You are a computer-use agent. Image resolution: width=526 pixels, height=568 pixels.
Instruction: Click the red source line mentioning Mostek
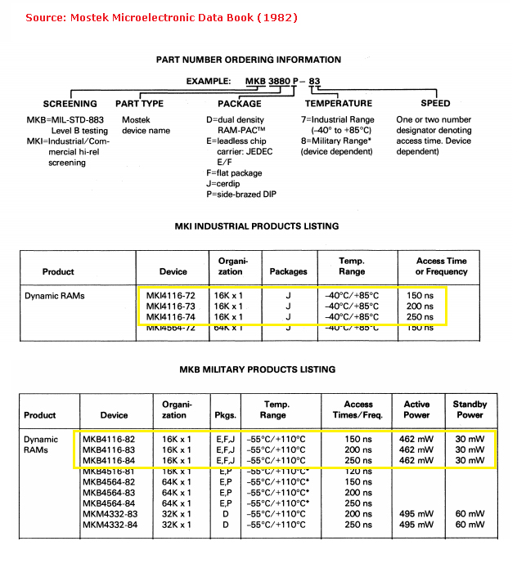[x=161, y=16]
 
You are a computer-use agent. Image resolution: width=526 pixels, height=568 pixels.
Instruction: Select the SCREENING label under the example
[x=70, y=104]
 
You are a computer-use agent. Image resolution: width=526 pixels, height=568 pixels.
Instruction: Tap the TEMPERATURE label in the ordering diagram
[x=339, y=104]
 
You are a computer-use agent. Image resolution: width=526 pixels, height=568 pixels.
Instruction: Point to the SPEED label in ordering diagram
[x=435, y=104]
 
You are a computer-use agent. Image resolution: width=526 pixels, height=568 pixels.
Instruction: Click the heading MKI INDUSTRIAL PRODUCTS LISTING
[x=257, y=226]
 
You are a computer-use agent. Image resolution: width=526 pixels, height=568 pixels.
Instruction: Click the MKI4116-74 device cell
[x=171, y=317]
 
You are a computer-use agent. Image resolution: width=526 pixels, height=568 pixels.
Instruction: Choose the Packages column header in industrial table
[x=288, y=271]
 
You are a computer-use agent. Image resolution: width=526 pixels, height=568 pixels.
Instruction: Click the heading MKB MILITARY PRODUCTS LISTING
[x=257, y=370]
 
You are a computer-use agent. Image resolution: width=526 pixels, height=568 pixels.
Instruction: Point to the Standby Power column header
[x=470, y=409]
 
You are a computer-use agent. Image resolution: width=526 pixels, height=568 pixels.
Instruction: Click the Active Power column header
[x=416, y=409]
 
